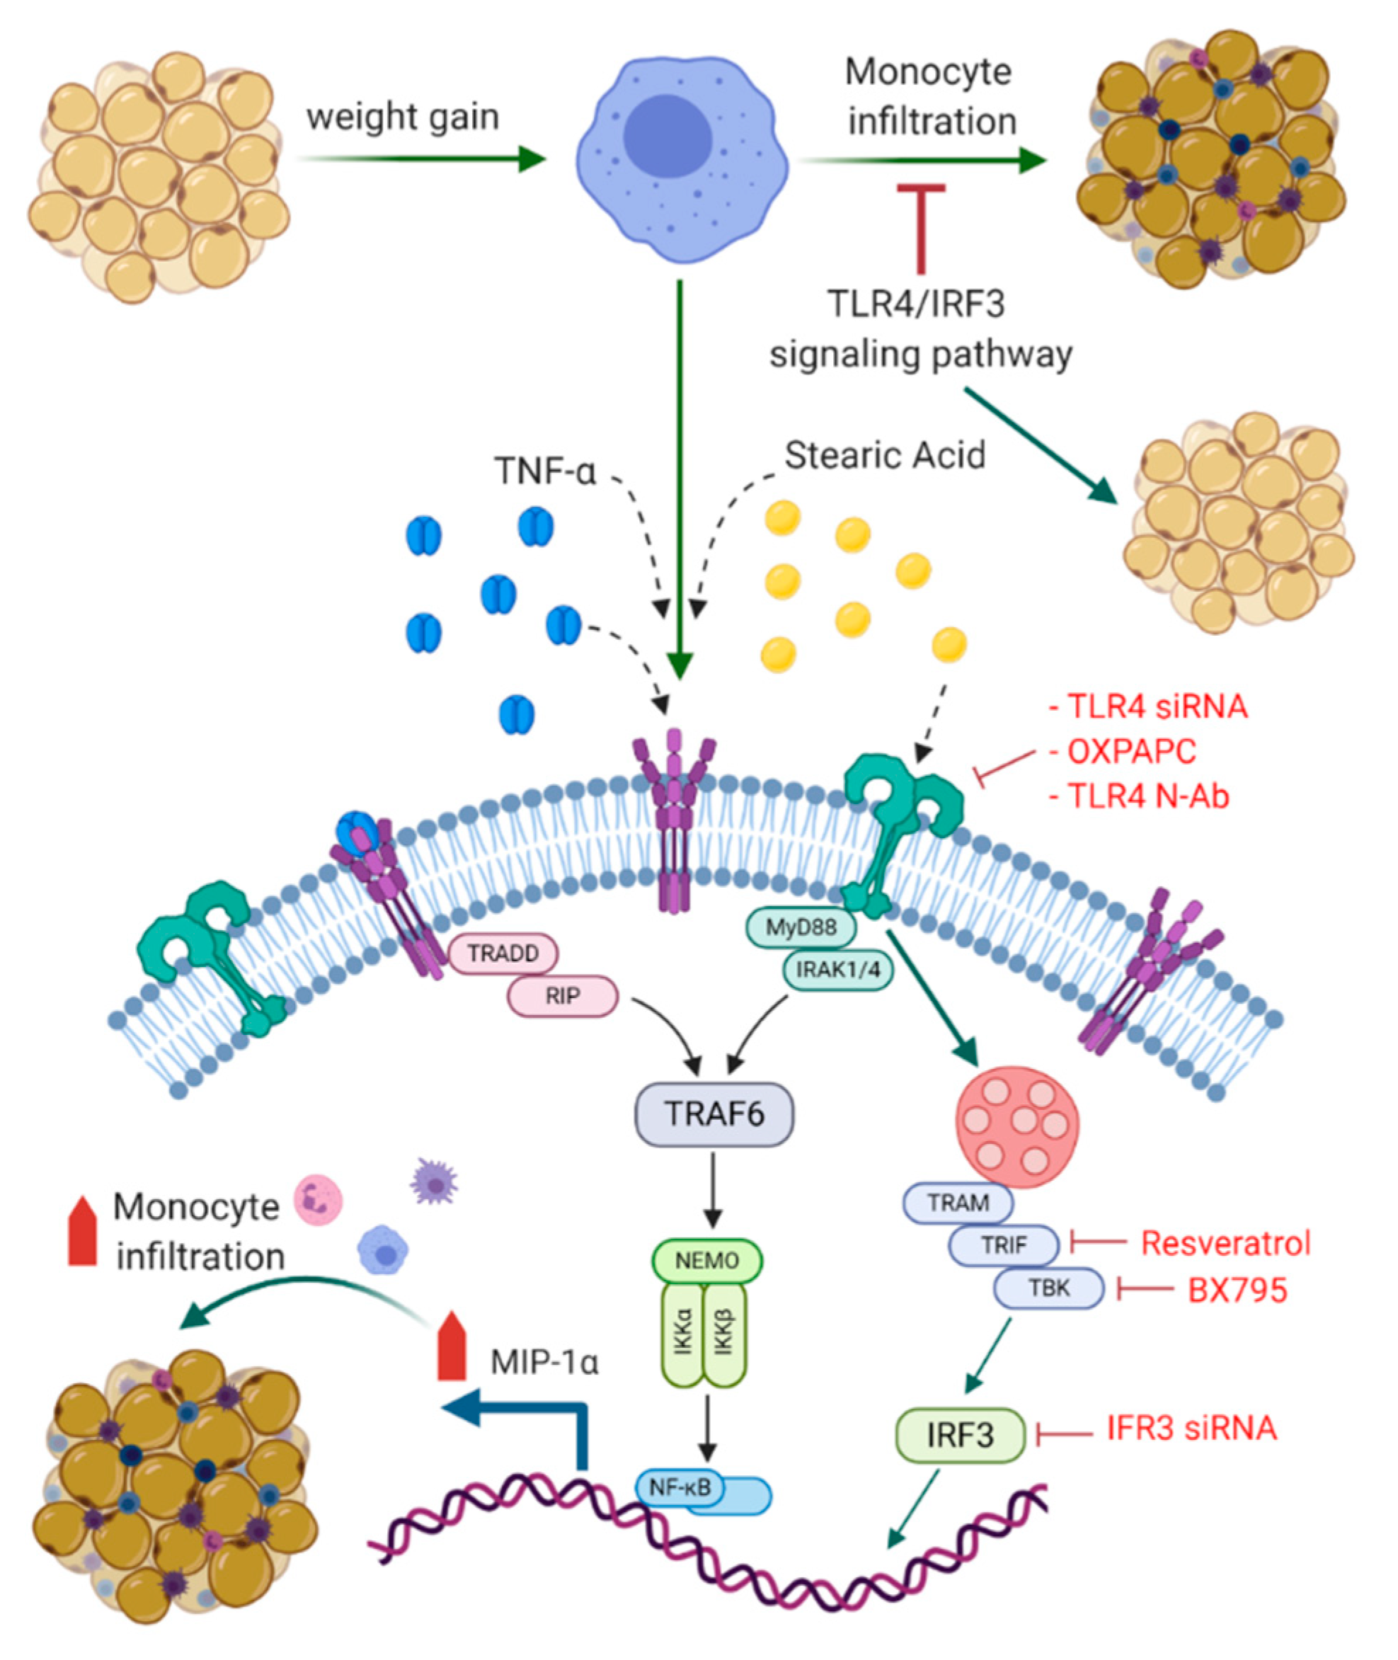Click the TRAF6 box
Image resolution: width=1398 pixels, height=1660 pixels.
click(x=714, y=1114)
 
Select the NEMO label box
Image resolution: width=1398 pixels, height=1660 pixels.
click(x=706, y=1259)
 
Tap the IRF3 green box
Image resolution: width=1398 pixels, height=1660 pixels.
click(x=960, y=1434)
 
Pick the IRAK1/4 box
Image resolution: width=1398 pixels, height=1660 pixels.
click(x=837, y=968)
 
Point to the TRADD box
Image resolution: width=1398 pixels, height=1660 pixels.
click(x=503, y=954)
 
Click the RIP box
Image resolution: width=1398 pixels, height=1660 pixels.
click(x=562, y=995)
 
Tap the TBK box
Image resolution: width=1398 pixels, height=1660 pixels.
click(x=1048, y=1288)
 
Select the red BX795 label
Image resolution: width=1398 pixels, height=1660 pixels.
click(x=1237, y=1290)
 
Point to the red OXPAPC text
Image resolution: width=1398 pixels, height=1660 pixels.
click(x=1132, y=751)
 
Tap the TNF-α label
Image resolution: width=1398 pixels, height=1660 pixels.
click(x=544, y=471)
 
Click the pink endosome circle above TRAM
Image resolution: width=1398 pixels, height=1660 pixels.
click(x=1018, y=1127)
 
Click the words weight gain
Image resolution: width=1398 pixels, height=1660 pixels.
click(x=403, y=117)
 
